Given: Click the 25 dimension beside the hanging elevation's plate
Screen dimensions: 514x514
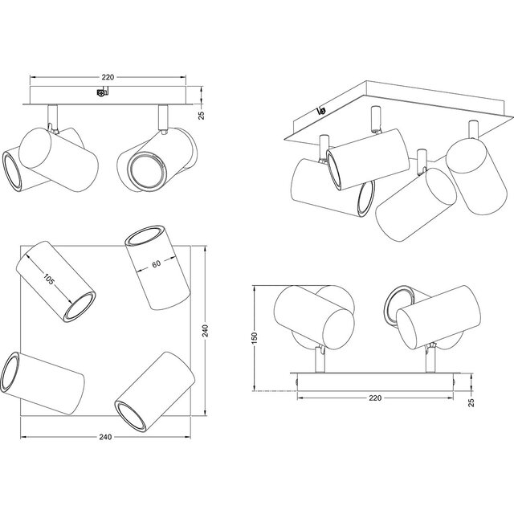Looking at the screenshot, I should (x=202, y=116).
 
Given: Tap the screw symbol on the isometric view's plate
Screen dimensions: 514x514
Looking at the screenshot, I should (x=322, y=110).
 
